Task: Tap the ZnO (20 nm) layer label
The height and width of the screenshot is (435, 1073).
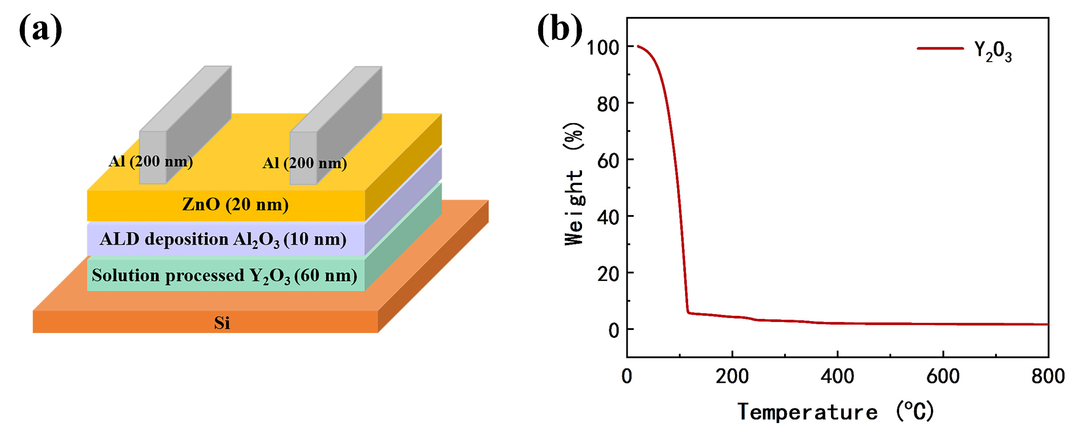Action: click(235, 204)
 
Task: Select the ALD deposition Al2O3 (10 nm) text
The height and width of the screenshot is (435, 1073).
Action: click(223, 239)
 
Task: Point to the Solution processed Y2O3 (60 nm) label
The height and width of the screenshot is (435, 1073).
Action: click(224, 276)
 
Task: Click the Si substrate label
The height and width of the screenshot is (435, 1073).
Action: click(222, 323)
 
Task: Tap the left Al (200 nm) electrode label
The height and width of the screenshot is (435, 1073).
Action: click(150, 162)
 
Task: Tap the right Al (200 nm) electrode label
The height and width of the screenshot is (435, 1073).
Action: click(304, 163)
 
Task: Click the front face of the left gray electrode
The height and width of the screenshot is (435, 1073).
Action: click(152, 157)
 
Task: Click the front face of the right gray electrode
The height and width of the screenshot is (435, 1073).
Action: click(303, 158)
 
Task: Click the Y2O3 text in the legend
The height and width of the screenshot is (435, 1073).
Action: click(993, 52)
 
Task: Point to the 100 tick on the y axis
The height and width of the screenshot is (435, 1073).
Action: click(603, 48)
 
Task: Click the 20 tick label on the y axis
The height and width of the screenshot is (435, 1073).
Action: click(608, 274)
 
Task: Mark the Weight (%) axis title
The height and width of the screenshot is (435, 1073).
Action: click(574, 184)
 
